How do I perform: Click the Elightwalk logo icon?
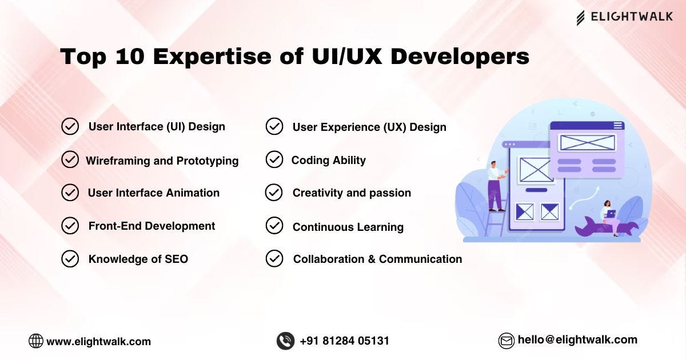[x=580, y=18]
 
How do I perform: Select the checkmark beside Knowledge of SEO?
[x=70, y=259]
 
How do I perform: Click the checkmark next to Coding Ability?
[x=274, y=160]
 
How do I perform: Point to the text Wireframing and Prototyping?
[x=162, y=161]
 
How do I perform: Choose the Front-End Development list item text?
[x=151, y=226]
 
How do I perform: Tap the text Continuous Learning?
[x=348, y=227]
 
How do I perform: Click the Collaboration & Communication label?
[x=377, y=259]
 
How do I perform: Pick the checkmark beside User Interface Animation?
[x=70, y=193]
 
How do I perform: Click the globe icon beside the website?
[x=36, y=341]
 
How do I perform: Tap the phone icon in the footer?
[x=285, y=341]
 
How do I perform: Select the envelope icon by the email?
[x=506, y=341]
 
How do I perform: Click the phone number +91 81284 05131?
[x=344, y=341]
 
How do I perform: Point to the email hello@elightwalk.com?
[x=577, y=339]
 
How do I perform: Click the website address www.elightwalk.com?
[x=98, y=342]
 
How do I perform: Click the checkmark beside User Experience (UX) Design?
[x=274, y=126]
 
